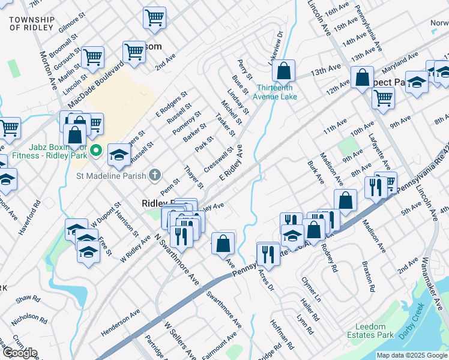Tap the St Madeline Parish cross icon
[155, 175]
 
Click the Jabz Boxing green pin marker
[97, 149]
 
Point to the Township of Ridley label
[32, 24]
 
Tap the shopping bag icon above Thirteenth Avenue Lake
[283, 71]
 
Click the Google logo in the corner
[19, 353]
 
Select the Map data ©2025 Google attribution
[412, 355]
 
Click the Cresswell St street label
[218, 159]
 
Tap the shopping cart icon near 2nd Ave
[134, 52]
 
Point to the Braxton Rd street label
[368, 276]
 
